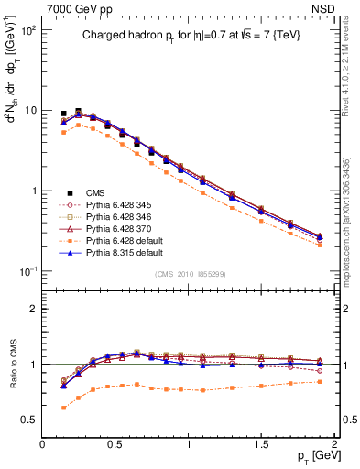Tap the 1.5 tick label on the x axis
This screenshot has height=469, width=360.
[x=261, y=444]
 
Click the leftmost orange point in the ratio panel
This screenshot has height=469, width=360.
[x=63, y=408]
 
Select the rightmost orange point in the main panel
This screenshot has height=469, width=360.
[x=320, y=245]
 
